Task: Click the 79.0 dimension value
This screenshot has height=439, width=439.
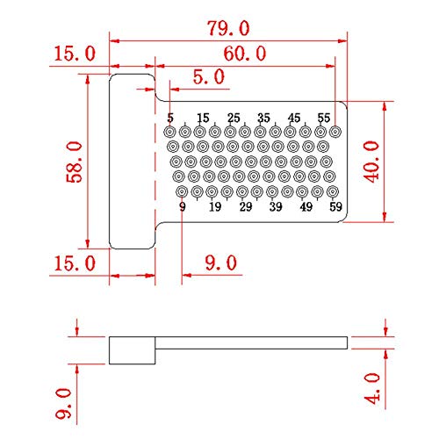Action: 228,28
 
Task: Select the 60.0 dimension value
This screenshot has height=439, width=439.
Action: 245,54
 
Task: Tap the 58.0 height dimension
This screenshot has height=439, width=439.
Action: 74,162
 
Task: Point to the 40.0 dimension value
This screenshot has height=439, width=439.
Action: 371,162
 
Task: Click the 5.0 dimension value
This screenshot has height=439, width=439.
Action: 209,76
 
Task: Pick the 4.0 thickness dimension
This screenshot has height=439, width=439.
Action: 371,388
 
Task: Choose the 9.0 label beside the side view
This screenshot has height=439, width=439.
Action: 63,403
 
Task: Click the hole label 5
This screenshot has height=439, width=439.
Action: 170,118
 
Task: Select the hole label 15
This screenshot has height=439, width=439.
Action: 203,118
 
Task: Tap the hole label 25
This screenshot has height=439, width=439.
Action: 234,118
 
